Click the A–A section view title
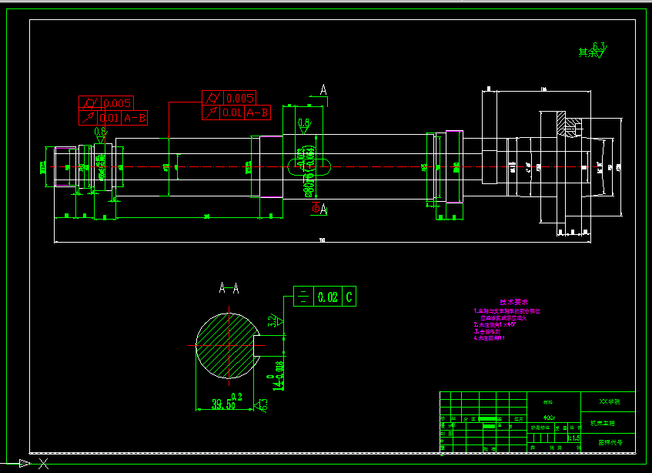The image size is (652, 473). pyautogui.click(x=229, y=289)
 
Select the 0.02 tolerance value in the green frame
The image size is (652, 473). pyautogui.click(x=328, y=297)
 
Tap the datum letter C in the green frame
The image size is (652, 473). pyautogui.click(x=349, y=297)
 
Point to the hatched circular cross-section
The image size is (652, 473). pyautogui.click(x=225, y=346)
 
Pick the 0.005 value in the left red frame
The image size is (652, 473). pyautogui.click(x=118, y=103)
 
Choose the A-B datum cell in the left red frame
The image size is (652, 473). pyautogui.click(x=135, y=118)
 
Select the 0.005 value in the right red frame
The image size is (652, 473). pyautogui.click(x=240, y=98)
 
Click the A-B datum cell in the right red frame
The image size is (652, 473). pyautogui.click(x=257, y=112)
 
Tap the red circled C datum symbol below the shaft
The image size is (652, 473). pyautogui.click(x=316, y=207)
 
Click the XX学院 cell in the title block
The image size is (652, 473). pyautogui.click(x=608, y=402)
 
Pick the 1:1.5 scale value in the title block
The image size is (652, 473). pyautogui.click(x=573, y=438)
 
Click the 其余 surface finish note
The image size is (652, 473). pyautogui.click(x=589, y=52)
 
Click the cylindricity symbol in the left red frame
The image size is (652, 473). pyautogui.click(x=89, y=103)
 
